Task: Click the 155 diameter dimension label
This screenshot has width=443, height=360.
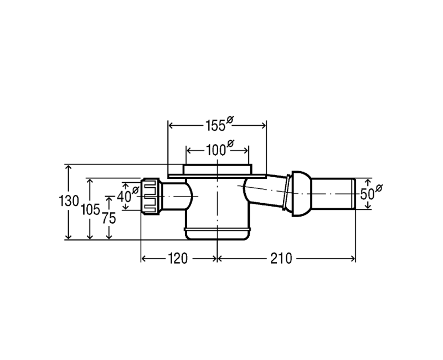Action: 219,124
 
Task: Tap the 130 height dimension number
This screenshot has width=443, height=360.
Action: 68,201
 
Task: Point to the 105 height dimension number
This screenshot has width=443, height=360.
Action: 90,210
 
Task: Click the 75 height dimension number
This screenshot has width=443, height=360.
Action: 109,218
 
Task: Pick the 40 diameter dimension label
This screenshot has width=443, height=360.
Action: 128,195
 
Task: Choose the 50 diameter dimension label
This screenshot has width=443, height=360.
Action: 371,193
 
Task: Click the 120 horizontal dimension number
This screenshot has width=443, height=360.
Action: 178,258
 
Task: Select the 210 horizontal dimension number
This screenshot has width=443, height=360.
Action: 281,258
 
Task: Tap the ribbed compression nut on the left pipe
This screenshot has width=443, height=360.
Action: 151,196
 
